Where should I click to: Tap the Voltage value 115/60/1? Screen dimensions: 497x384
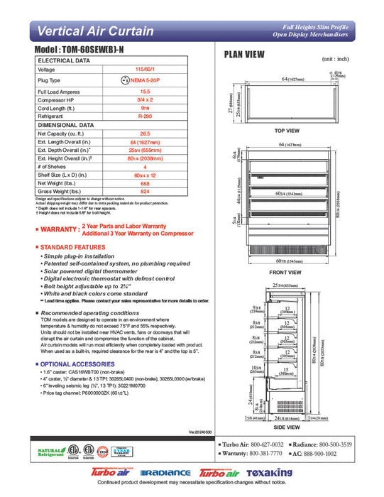(146, 70)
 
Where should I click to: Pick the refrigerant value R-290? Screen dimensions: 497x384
(146, 115)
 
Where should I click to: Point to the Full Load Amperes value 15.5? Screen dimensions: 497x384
(146, 92)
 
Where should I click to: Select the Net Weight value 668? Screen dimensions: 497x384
(146, 183)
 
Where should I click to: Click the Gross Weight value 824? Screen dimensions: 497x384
(146, 192)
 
